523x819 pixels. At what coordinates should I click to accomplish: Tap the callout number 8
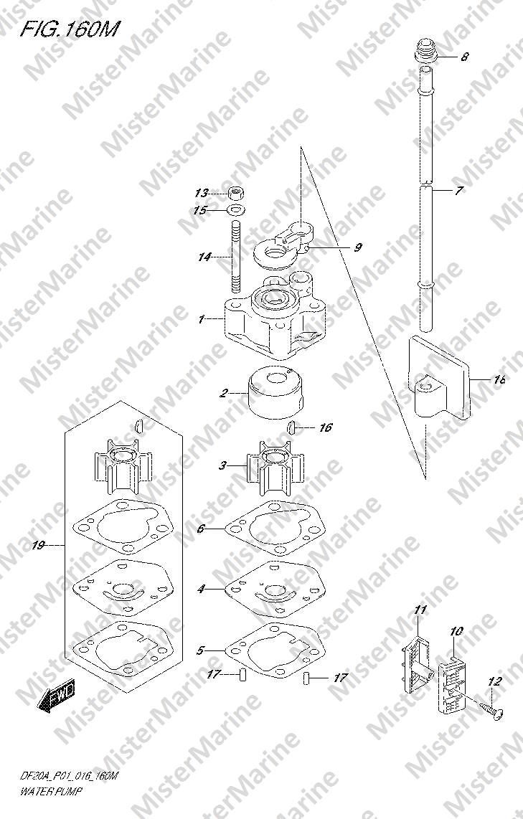(464, 57)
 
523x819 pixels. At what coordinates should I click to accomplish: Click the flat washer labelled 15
(237, 211)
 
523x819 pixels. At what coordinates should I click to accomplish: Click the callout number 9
(357, 247)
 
